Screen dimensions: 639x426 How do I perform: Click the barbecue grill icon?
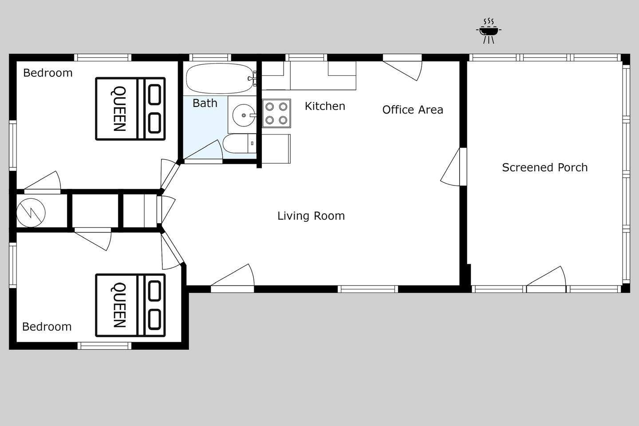coord(489,31)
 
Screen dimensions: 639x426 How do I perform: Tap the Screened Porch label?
coord(544,167)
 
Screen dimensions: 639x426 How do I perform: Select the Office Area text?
coord(413,110)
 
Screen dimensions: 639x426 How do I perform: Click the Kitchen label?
coord(325,106)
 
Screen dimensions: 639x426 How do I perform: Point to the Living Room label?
coord(311,216)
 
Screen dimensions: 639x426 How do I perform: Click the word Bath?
coord(205,103)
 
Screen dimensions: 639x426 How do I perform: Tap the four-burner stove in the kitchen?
coord(276,113)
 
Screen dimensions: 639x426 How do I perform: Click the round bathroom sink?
coord(244,115)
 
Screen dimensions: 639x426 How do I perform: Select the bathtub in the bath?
coord(220,79)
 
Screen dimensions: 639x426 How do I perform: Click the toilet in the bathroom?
coord(239,143)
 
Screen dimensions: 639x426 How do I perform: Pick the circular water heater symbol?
coord(31,213)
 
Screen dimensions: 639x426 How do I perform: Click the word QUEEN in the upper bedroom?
coord(118,109)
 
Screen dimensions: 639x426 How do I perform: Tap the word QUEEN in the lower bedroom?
coord(118,305)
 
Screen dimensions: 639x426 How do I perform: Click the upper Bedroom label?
coord(47,73)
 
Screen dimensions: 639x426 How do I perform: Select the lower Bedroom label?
coord(47,327)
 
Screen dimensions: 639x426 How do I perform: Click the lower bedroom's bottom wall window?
coord(104,346)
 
